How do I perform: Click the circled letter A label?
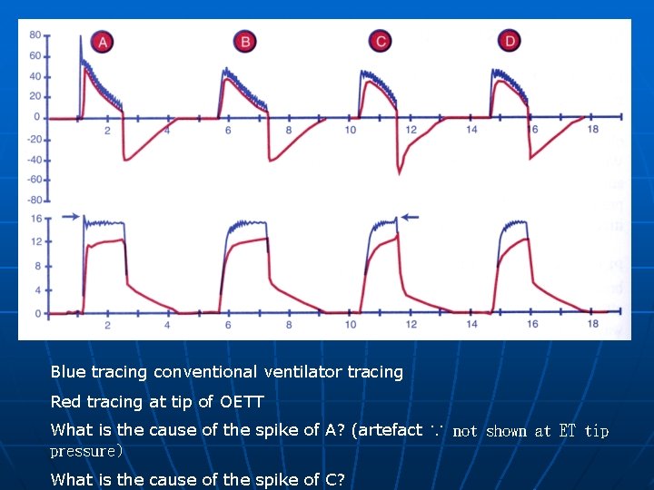pos(104,42)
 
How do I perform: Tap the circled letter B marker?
pos(245,41)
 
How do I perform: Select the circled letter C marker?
pos(381,41)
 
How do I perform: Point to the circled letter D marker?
pos(511,41)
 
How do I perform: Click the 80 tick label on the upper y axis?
pos(35,34)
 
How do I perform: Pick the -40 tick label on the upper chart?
pos(33,160)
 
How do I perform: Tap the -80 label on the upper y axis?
pos(33,200)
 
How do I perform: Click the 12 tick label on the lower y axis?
pos(35,241)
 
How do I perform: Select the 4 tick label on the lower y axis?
pos(37,290)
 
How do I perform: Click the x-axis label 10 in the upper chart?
pos(350,131)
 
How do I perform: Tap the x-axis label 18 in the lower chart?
pos(592,325)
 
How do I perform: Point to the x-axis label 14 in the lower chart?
pos(471,325)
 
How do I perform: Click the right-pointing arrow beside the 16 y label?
pos(67,216)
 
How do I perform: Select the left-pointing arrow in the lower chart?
pos(410,216)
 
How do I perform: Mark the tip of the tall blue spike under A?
pos(81,35)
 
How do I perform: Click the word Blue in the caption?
pos(68,371)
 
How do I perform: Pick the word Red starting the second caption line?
pos(64,401)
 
